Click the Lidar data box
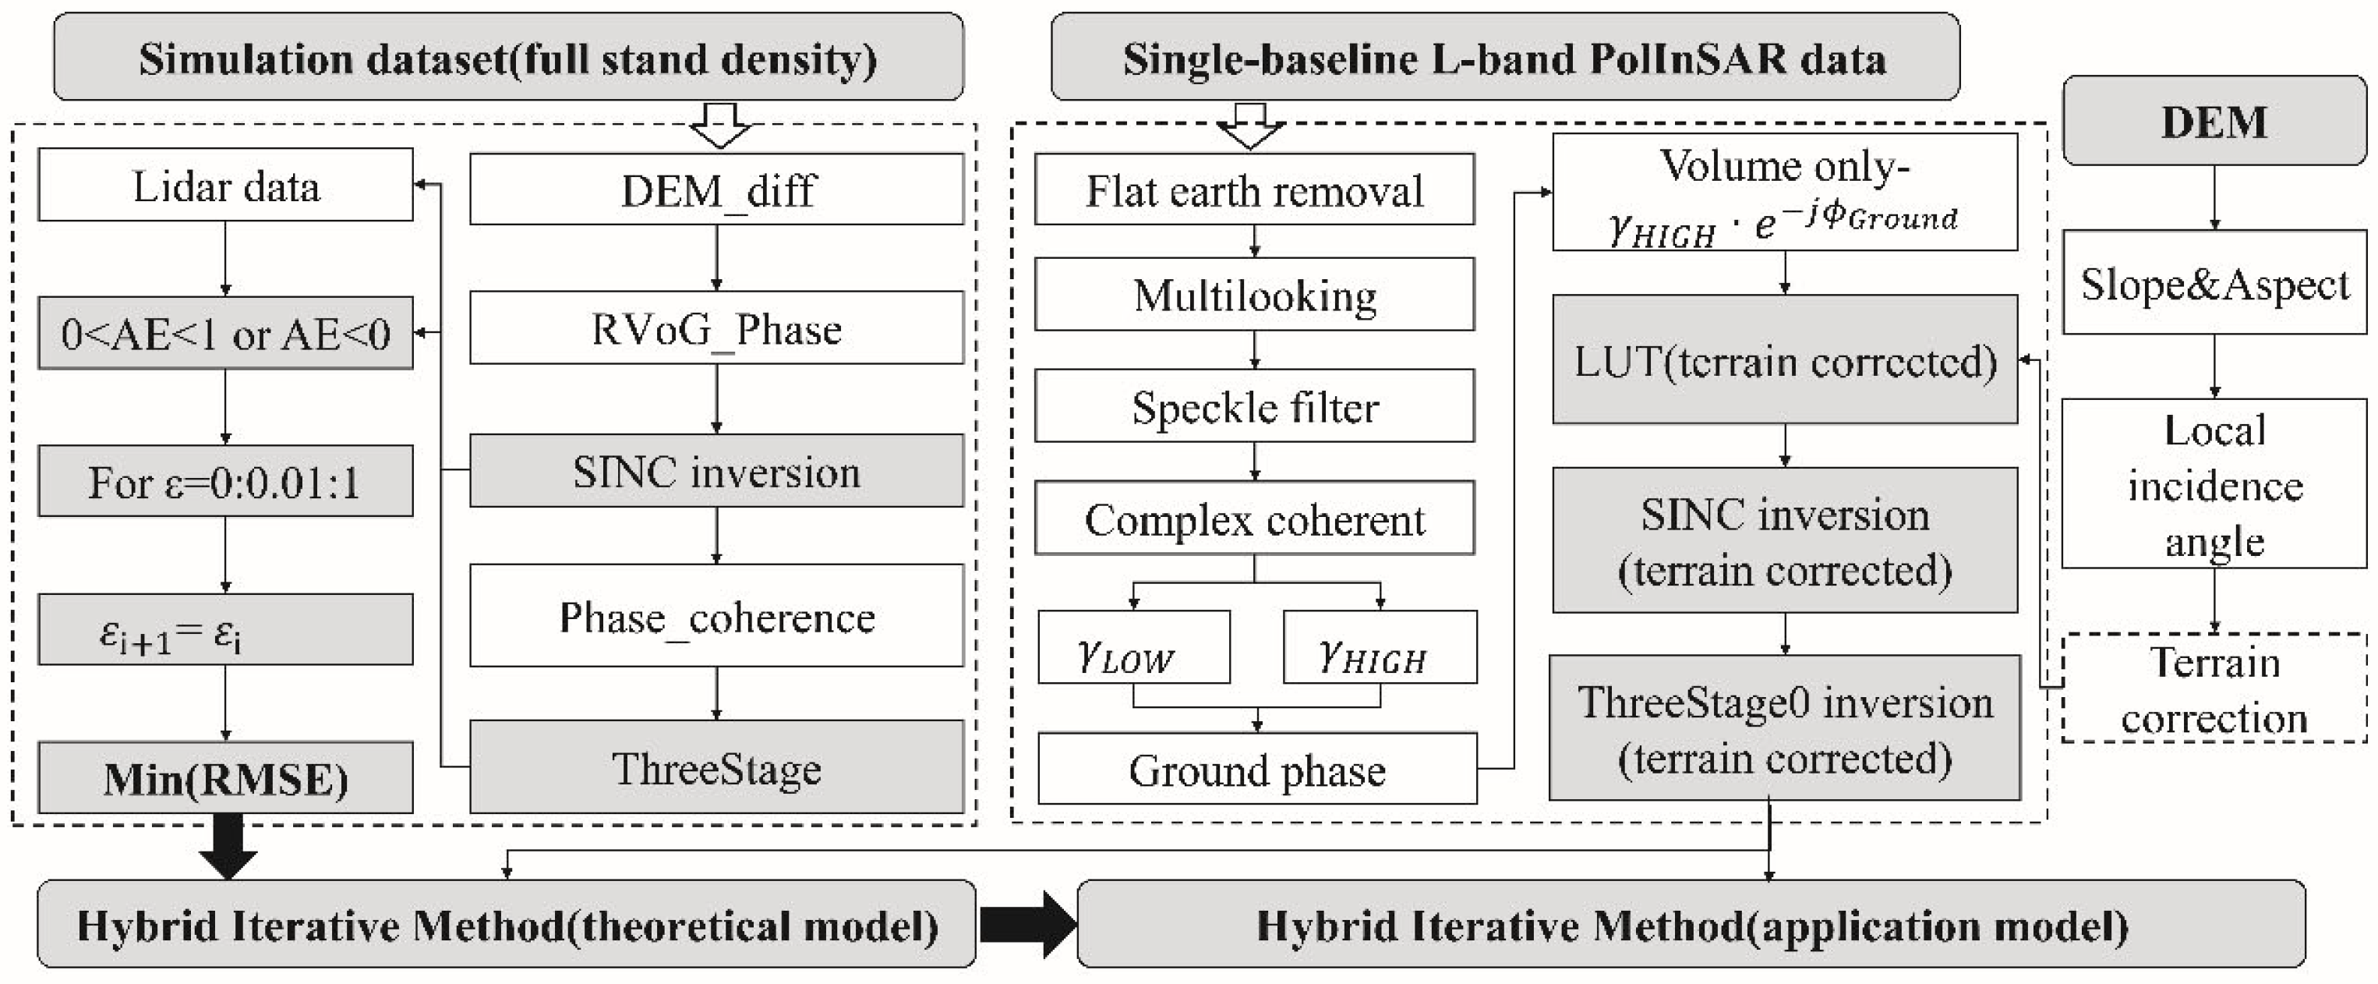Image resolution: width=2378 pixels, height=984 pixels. coord(225,186)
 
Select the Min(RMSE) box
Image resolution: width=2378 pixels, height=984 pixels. coord(225,778)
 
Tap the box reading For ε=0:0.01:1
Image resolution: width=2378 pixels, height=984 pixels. coord(225,482)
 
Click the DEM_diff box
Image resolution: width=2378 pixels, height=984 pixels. coord(716,189)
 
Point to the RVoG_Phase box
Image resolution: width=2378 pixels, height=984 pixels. coord(716,328)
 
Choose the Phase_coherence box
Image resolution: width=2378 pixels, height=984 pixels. coord(716,616)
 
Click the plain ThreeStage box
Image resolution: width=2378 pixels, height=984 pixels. coord(716,767)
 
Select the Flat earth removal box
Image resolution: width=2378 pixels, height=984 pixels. coord(1253,190)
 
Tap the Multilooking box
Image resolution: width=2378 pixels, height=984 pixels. coord(1253,295)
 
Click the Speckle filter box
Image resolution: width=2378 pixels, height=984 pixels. coord(1253,406)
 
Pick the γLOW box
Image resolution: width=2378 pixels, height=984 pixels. coord(1133,648)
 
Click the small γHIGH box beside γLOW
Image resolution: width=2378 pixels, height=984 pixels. coord(1379,648)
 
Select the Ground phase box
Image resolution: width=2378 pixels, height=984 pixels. coord(1256,769)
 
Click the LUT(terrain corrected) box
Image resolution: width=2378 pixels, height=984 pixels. coord(1784,360)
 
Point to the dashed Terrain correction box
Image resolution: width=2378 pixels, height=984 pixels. coord(2214,688)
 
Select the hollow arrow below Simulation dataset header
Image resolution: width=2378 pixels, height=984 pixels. coord(720,126)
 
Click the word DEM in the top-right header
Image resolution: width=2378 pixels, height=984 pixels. coord(2214,122)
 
